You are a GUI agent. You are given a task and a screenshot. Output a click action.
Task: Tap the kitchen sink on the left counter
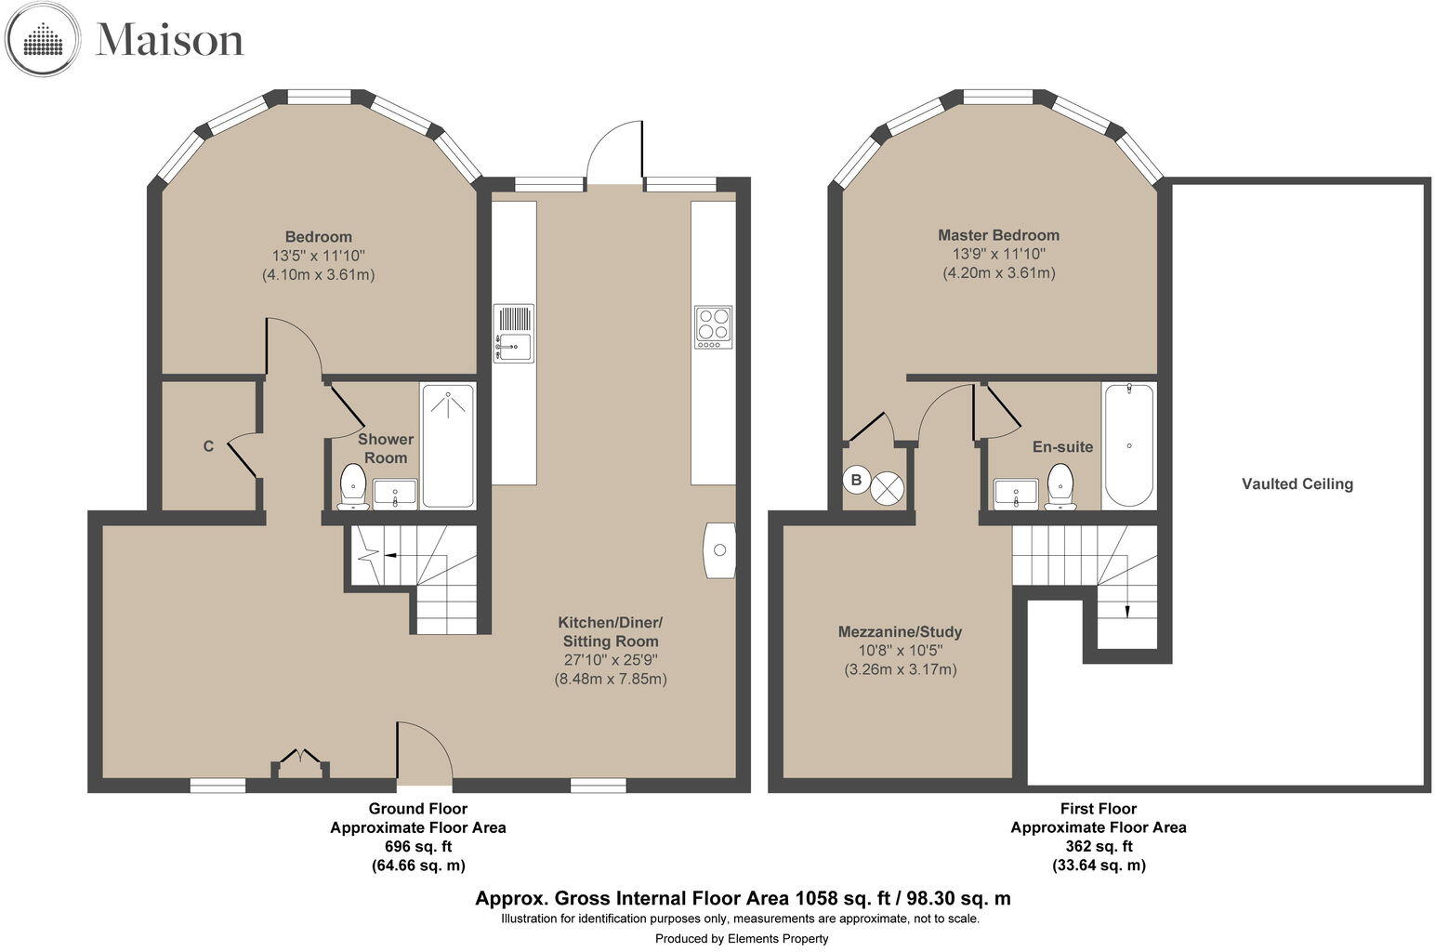[x=513, y=333]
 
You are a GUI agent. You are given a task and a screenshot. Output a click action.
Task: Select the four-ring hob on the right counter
[x=713, y=327]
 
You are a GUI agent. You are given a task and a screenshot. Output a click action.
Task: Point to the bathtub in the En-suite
[x=1128, y=445]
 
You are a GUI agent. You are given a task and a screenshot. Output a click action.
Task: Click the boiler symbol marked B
[x=856, y=481]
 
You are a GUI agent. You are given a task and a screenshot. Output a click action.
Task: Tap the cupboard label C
[x=208, y=446]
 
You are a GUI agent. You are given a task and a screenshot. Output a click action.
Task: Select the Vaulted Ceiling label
[x=1297, y=483]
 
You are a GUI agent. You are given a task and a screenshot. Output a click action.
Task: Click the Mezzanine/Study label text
[x=900, y=632]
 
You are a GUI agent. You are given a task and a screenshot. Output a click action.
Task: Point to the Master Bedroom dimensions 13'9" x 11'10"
[x=998, y=254]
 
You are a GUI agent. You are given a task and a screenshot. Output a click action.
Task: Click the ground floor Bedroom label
[x=318, y=236]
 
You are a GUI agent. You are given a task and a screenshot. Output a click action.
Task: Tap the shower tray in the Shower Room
[x=448, y=445]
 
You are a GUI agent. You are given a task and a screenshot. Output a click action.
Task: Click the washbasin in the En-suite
[x=1015, y=494]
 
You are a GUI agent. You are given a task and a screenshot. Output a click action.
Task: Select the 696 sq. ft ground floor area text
[x=418, y=846]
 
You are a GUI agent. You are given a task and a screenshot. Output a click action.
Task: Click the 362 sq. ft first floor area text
[x=1099, y=846]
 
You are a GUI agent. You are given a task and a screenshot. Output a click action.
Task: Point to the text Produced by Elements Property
[x=741, y=938]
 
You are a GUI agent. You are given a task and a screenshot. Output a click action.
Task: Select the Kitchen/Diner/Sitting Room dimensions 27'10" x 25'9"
[x=611, y=660]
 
